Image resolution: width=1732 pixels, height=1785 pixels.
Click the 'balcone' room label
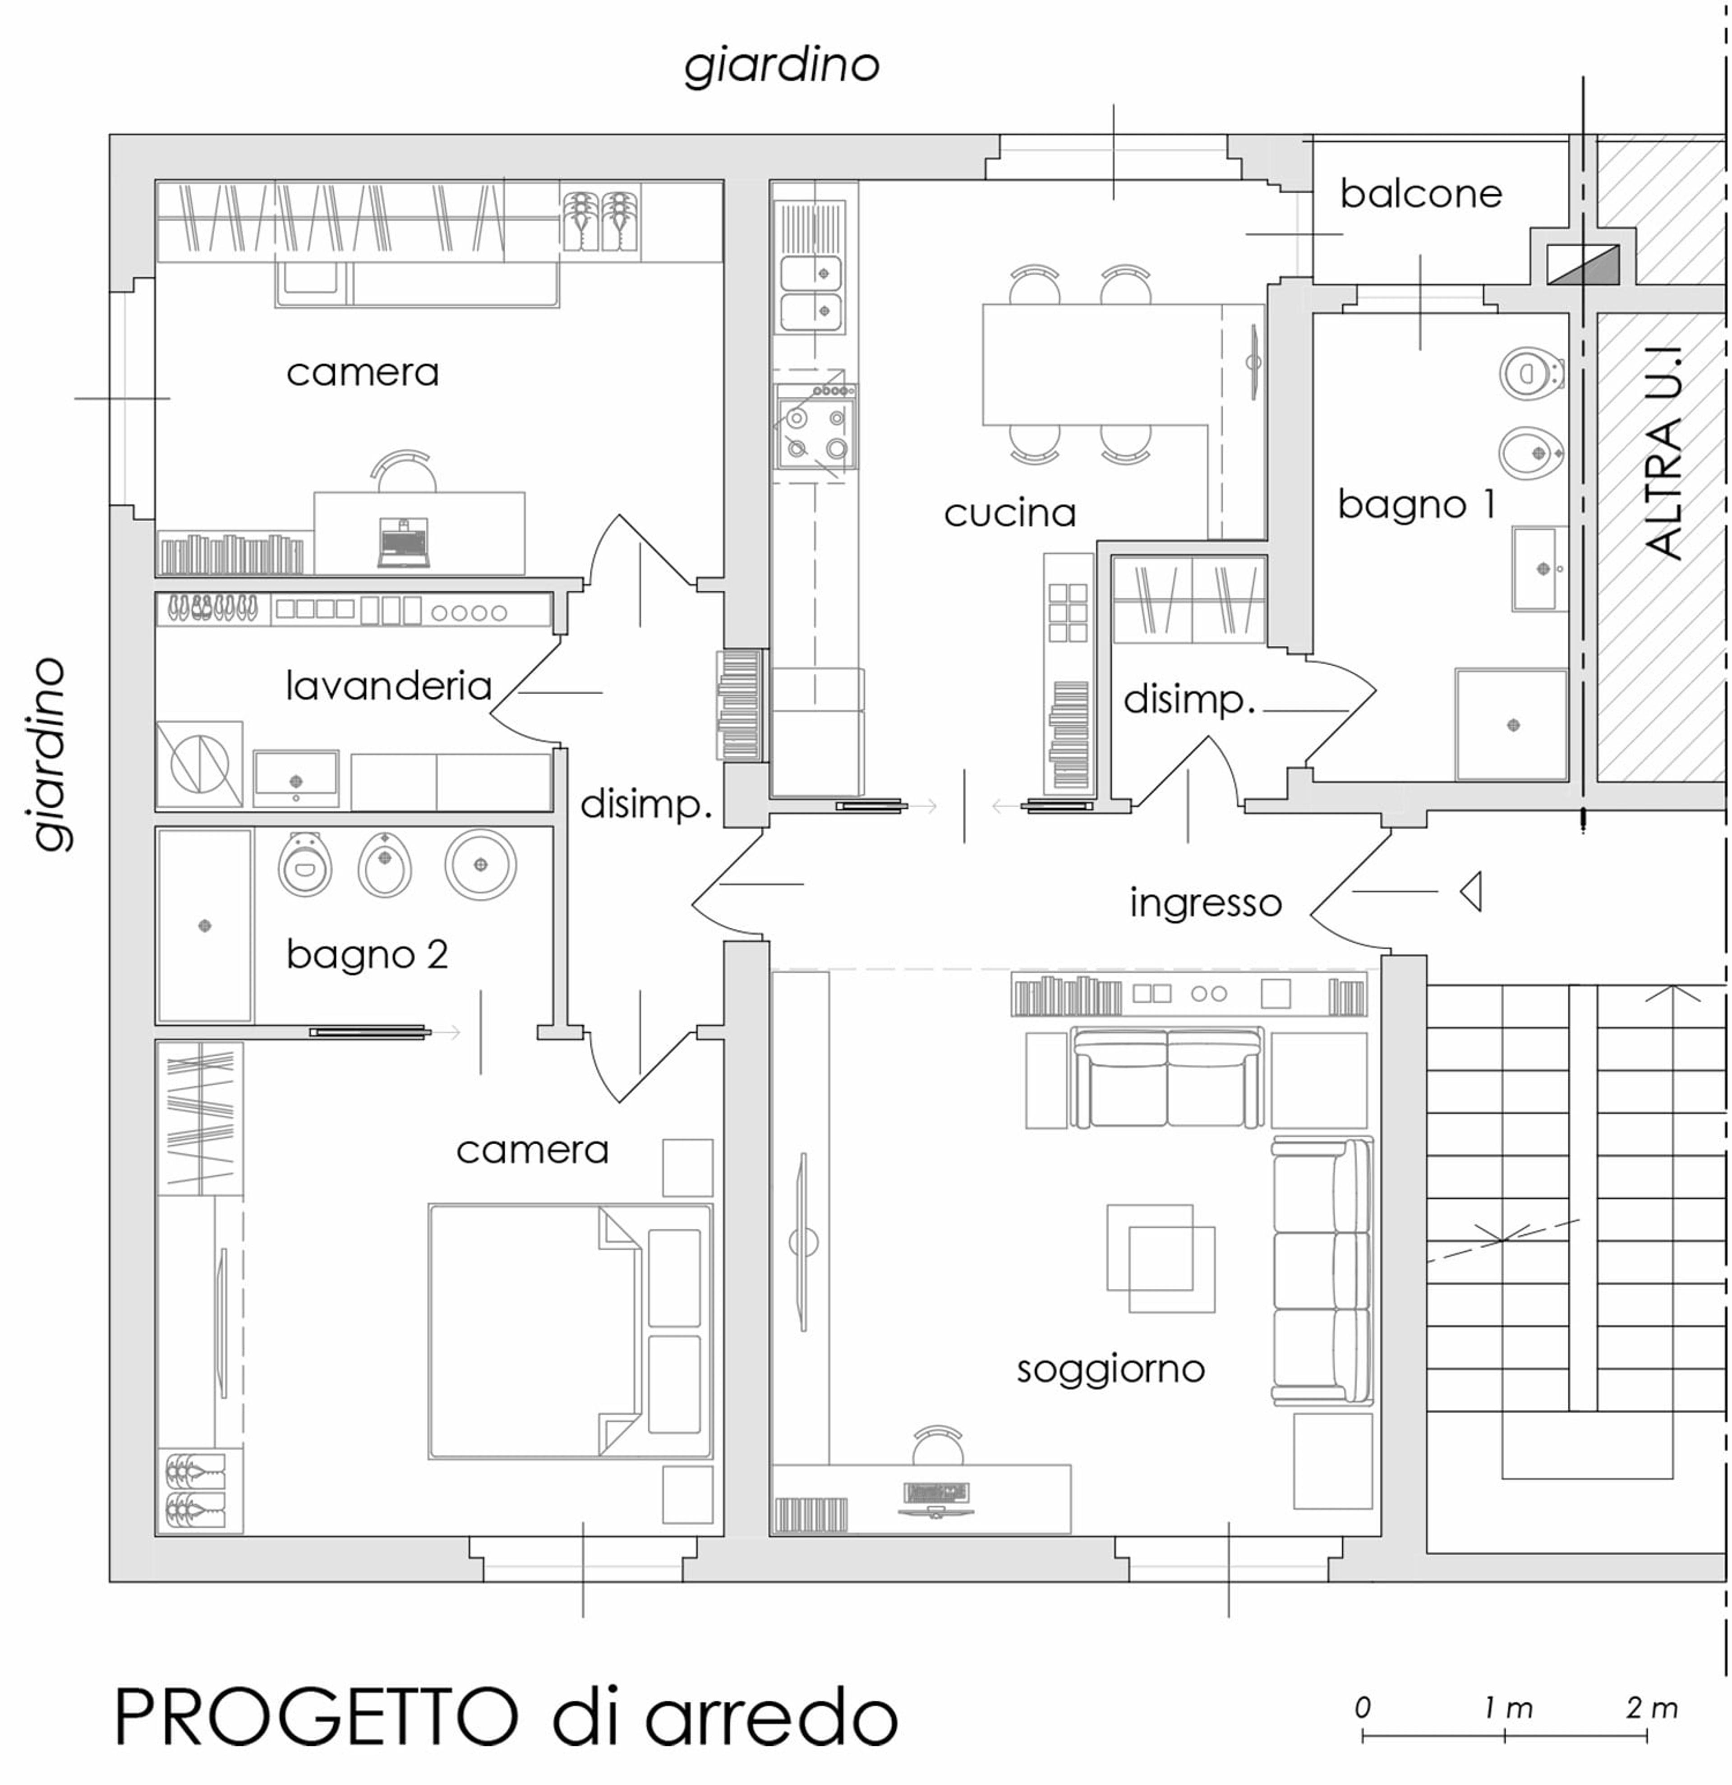[1420, 194]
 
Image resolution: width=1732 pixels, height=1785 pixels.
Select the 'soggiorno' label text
[1110, 1369]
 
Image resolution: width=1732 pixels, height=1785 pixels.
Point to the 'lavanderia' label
[388, 686]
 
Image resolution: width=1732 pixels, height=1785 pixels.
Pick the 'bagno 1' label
[1416, 504]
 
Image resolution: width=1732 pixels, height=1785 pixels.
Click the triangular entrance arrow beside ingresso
[1470, 892]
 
